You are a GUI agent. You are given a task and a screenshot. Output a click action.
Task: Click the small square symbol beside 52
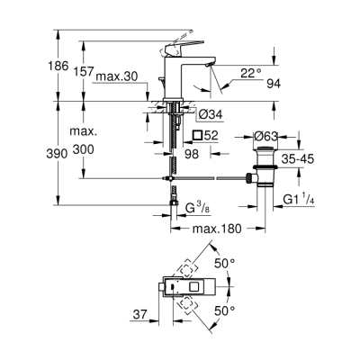coord(197,135)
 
